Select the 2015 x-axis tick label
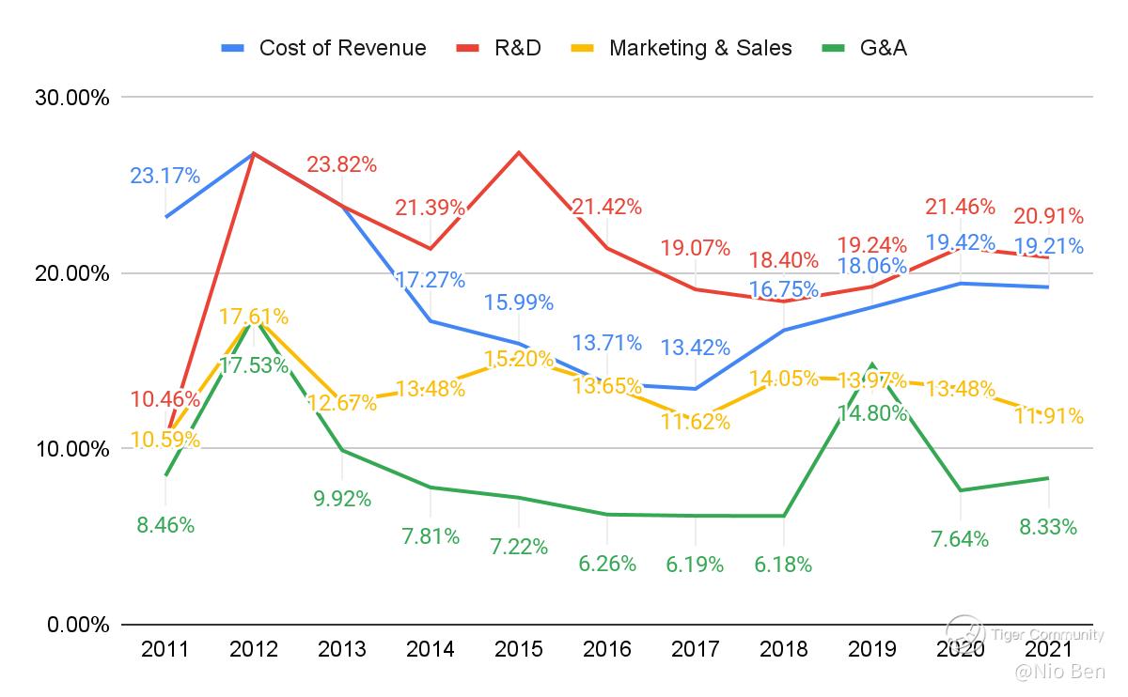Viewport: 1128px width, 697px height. (518, 649)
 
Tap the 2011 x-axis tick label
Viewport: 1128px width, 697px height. (165, 649)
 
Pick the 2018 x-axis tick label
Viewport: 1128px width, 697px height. (783, 649)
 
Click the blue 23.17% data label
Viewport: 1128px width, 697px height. (164, 176)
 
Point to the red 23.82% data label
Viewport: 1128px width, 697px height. (341, 164)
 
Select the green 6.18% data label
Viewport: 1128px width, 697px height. (783, 565)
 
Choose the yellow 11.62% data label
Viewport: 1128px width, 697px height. (695, 423)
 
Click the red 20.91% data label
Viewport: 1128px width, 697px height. (1048, 216)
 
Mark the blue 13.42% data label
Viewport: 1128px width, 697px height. (695, 348)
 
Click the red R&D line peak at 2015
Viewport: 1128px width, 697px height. (518, 152)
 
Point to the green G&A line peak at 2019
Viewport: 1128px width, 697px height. (871, 364)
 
